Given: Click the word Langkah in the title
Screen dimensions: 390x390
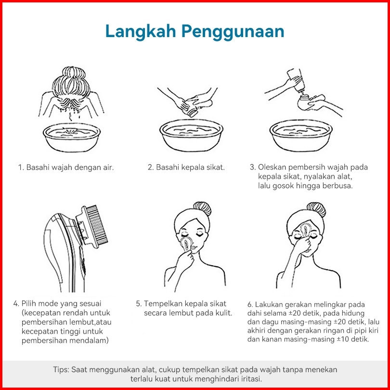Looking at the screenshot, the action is [x=141, y=32].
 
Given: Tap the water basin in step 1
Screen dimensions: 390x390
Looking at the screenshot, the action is [x=72, y=137].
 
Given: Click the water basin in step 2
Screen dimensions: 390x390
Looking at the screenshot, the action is [x=191, y=135].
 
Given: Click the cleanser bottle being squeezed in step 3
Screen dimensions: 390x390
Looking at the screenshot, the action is [x=296, y=79].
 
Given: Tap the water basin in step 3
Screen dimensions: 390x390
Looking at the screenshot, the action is [x=301, y=136].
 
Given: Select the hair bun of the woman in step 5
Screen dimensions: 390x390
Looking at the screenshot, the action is [x=202, y=208].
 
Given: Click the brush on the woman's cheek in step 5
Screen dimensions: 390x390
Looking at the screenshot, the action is [x=187, y=244].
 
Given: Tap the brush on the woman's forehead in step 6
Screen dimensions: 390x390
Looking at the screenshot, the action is [x=305, y=229].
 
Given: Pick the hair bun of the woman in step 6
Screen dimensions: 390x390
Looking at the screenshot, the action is [x=316, y=209].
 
